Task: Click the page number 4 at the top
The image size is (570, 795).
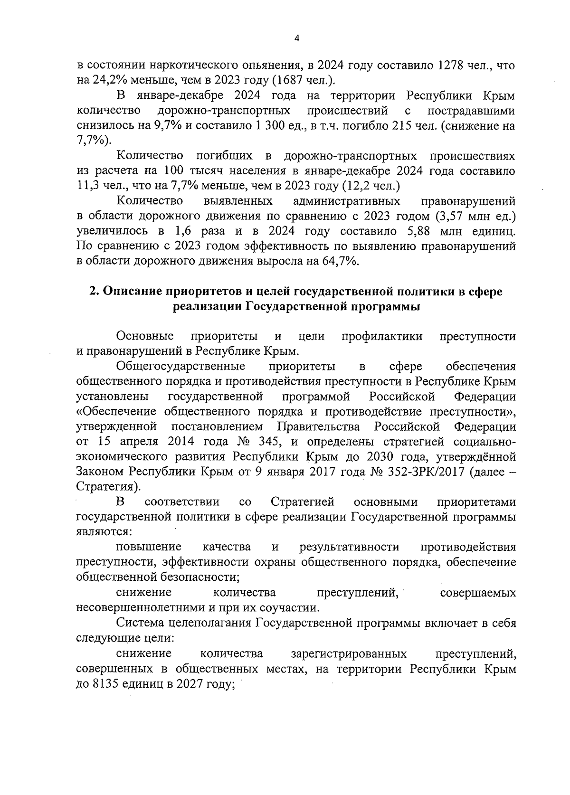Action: click(296, 39)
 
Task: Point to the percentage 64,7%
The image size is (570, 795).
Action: click(340, 262)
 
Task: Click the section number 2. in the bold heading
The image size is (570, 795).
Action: click(95, 292)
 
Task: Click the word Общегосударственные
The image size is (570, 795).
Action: click(180, 366)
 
